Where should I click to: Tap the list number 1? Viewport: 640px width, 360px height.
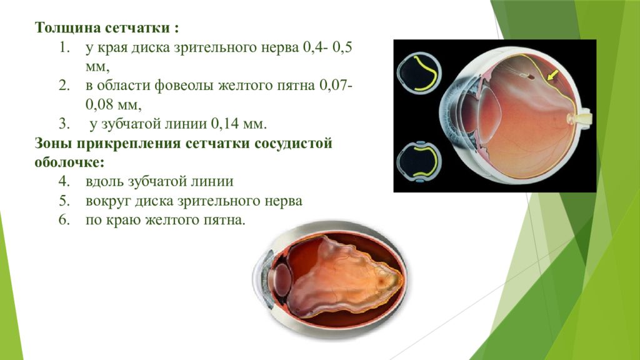[64, 48]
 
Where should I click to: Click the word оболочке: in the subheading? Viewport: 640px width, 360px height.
[69, 162]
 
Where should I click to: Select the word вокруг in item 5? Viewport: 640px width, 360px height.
[110, 201]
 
